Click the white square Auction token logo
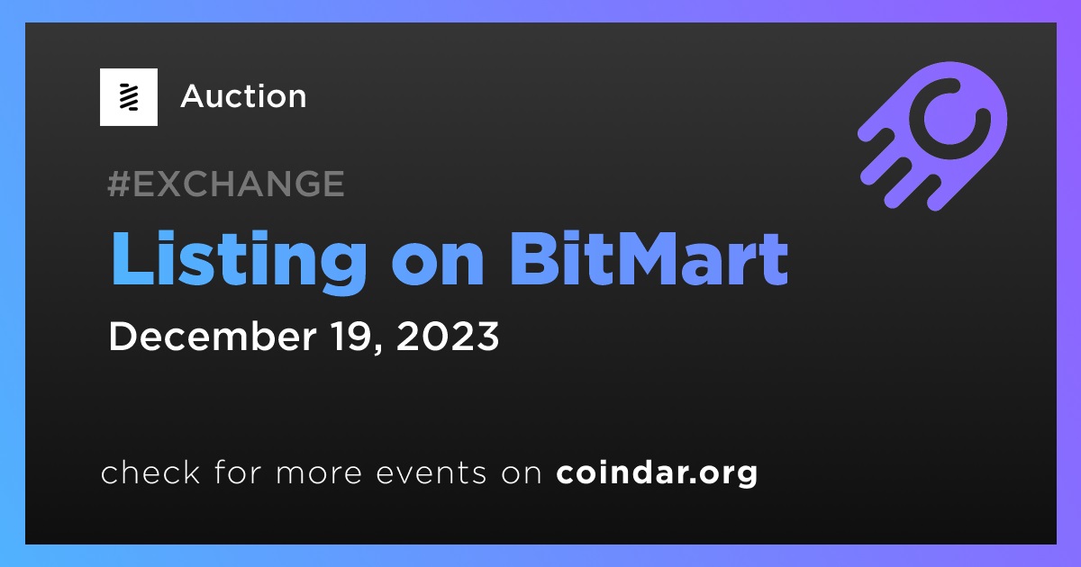click(128, 97)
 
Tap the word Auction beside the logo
click(244, 96)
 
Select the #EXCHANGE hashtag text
click(226, 184)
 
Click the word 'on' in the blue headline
click(438, 265)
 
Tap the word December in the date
click(213, 336)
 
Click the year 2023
click(448, 337)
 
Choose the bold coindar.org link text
click(657, 473)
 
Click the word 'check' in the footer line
click(150, 472)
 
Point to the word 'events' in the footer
click(431, 473)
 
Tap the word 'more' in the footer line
click(319, 474)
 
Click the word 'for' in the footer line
click(238, 472)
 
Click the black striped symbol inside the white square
click(129, 97)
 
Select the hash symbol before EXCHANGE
click(119, 184)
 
